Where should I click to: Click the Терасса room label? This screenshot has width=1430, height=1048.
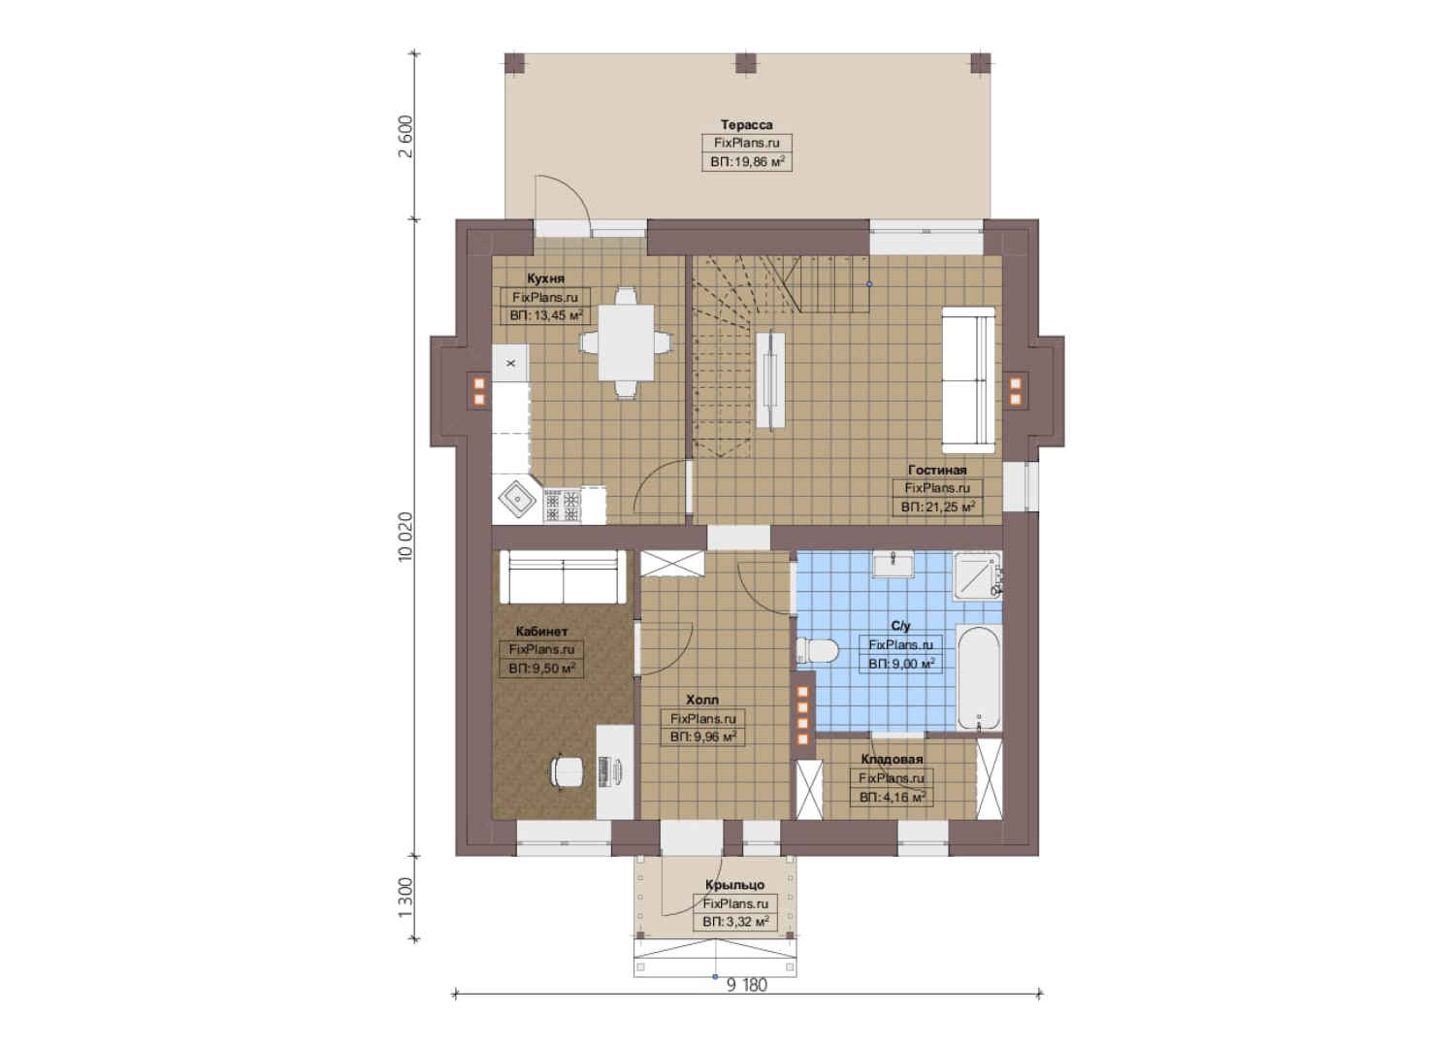pos(746,124)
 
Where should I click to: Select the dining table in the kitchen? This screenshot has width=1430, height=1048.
pos(626,343)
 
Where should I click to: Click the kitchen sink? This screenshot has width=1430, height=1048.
pos(517,500)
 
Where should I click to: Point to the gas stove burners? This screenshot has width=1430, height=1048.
pos(563,506)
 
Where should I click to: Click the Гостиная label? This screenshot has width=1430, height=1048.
pos(937,470)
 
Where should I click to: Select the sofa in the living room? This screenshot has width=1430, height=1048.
pos(968,380)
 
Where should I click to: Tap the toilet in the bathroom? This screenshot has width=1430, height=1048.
pos(817,651)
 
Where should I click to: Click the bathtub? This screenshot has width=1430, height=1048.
pos(979,678)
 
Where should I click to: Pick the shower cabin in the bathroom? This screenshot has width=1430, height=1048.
pos(976,576)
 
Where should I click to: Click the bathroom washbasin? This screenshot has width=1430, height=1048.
pos(894,565)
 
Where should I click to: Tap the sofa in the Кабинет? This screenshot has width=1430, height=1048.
pos(563,576)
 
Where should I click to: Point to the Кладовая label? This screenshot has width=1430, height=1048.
pos(892,760)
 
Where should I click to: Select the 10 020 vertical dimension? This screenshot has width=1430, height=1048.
pos(406,537)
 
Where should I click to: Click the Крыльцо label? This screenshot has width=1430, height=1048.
pos(734,885)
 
